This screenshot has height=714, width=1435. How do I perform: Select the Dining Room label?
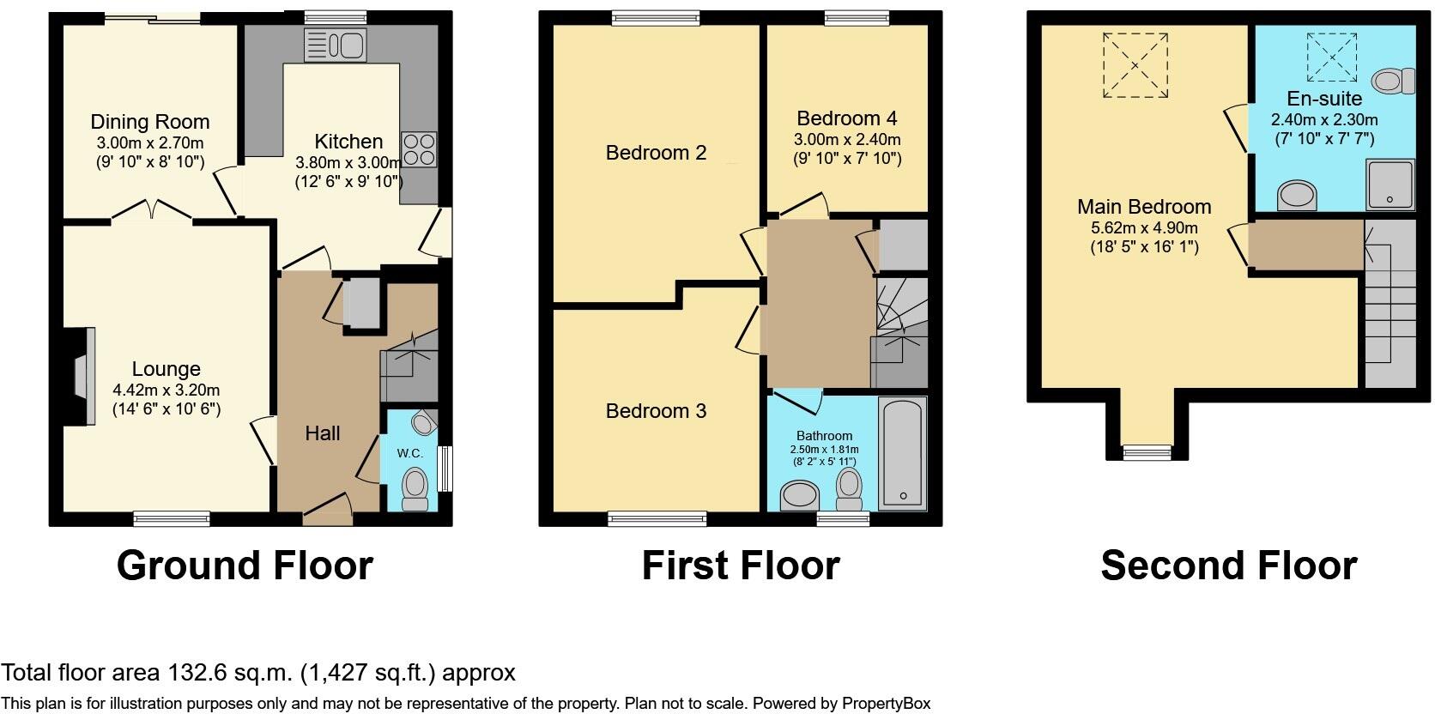[x=150, y=122]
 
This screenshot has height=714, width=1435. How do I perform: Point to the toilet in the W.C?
[x=415, y=487]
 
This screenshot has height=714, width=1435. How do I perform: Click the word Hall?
[x=323, y=433]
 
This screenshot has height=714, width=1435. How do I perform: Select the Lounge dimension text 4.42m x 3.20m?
[x=167, y=390]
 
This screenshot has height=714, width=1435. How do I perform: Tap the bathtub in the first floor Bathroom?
[x=903, y=451]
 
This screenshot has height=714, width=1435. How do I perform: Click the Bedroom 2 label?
[x=656, y=153]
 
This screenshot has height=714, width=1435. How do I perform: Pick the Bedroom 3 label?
[x=656, y=411]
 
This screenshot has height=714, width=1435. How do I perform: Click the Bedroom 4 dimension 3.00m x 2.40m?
[x=847, y=139]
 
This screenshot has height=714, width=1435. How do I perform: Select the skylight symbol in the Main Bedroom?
[x=1135, y=65]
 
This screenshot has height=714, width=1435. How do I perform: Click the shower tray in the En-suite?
[x=1390, y=185]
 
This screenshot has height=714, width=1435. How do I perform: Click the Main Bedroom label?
[x=1144, y=207]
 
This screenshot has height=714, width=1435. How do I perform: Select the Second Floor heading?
[x=1228, y=566]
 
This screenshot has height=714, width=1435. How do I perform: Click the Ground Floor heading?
[x=245, y=566]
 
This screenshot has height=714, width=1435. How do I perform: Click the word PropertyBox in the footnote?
[x=887, y=704]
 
